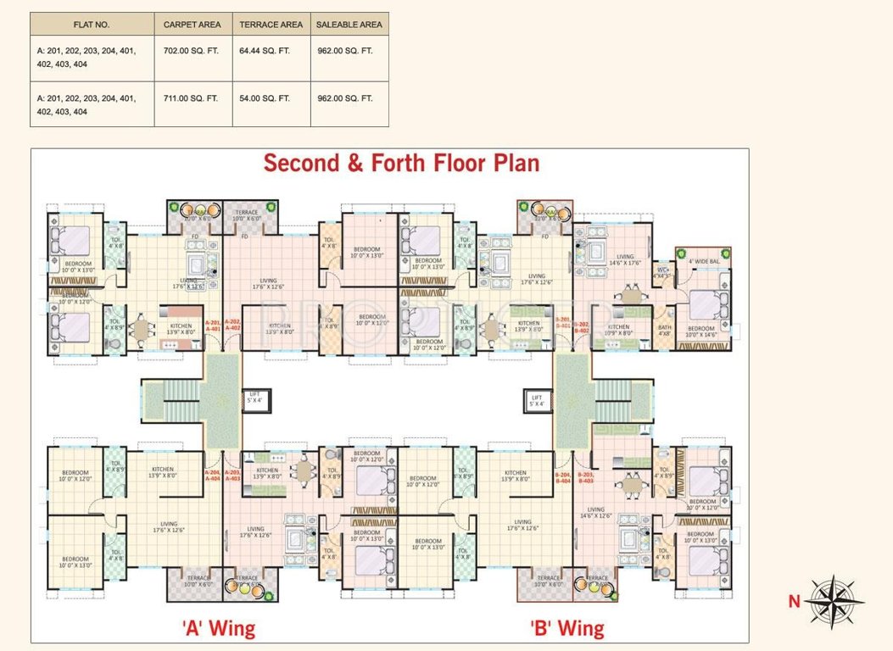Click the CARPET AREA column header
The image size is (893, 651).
pos(192,25)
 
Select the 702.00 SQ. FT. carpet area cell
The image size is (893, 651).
pos(192,51)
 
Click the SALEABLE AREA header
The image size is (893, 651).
pos(349,25)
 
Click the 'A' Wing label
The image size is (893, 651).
pos(219,628)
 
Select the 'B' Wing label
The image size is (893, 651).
pos(567,628)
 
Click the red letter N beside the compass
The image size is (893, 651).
pos(794,602)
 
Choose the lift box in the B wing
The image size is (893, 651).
pos(536,399)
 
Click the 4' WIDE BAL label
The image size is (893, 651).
pos(703,260)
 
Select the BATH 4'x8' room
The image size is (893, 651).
pos(664,330)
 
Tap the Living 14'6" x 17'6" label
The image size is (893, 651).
pos(625,259)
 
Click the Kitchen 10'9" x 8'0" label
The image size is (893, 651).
pos(618,330)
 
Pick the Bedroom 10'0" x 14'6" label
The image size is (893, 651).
pos(701,331)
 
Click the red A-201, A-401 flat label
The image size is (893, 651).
pos(212,325)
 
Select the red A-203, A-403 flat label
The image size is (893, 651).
pos(232,475)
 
